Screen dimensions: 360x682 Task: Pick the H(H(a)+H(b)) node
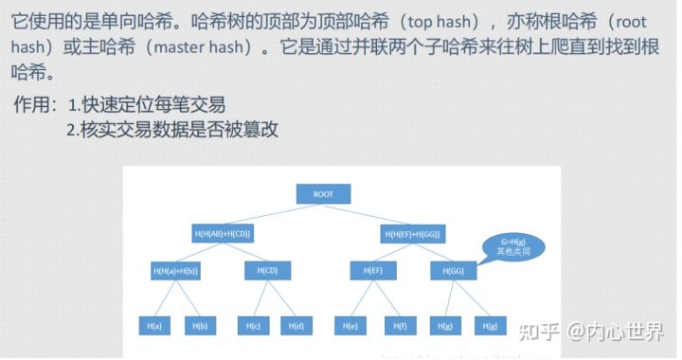pos(175,271)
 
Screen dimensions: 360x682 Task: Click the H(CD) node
pos(267,271)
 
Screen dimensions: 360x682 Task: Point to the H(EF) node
pos(372,271)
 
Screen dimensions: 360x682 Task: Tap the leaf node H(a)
pos(155,325)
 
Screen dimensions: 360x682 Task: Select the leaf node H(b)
pos(201,325)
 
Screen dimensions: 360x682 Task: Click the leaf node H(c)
pos(253,325)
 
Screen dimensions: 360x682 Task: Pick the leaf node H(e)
pos(351,325)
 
